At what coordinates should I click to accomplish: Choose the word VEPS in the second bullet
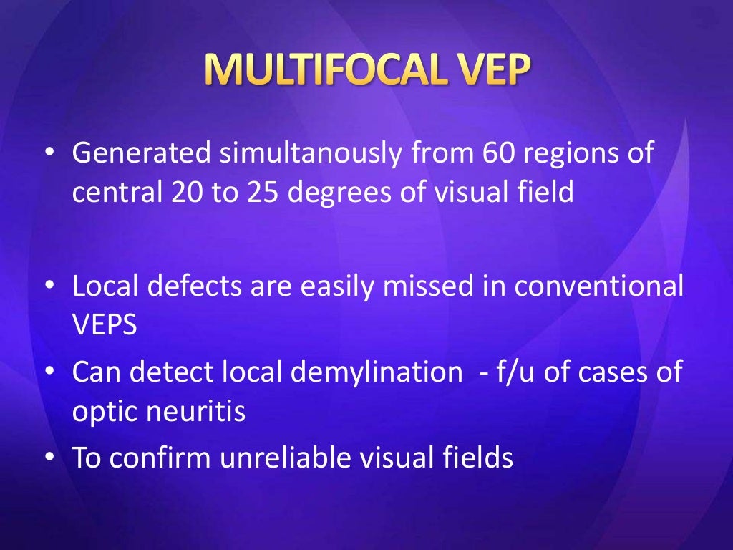(104, 325)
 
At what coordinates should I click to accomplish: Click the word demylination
(384, 373)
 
